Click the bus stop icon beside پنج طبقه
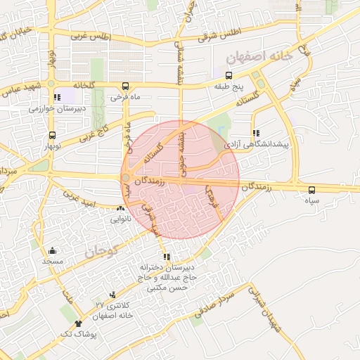click(228, 75)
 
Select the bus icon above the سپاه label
click(311, 190)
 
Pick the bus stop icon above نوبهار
click(52, 136)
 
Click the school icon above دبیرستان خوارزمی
click(56, 98)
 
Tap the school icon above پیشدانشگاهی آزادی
click(255, 132)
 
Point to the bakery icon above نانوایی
click(121, 208)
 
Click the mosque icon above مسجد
click(52, 250)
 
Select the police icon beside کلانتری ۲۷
click(112, 296)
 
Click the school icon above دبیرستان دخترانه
click(167, 257)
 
